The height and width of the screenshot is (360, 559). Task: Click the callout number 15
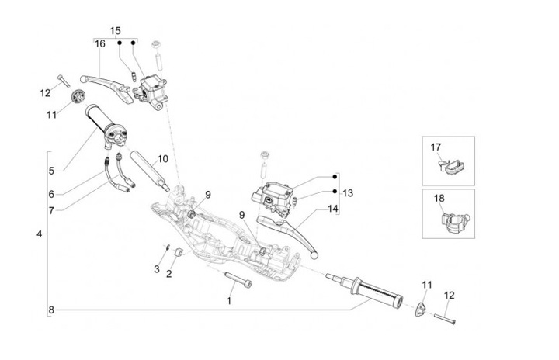click(x=115, y=30)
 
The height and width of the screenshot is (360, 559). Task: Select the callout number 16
click(x=99, y=44)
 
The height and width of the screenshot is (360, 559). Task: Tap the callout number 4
click(x=39, y=233)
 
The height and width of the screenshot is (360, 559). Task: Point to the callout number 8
click(x=52, y=310)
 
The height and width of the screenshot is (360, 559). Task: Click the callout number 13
click(x=347, y=192)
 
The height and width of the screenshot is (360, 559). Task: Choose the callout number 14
click(x=332, y=208)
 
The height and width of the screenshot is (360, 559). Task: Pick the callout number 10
click(x=162, y=158)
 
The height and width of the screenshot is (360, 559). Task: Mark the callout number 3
click(x=156, y=268)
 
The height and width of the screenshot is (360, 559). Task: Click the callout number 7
click(x=52, y=210)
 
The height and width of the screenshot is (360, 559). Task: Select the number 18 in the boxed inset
click(x=439, y=199)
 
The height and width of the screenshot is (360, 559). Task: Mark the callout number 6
click(x=52, y=194)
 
